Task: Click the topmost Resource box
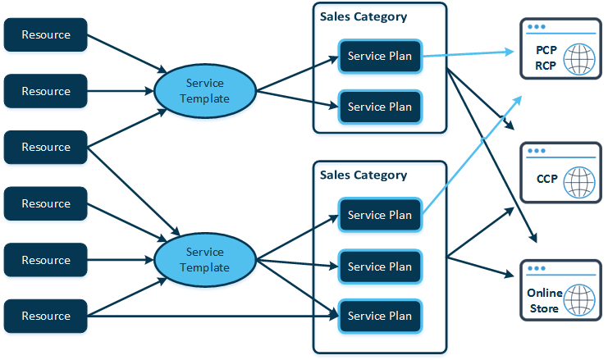pos(45,35)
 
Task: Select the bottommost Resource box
pos(45,317)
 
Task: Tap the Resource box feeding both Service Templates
pos(45,148)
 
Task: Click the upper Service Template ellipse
pos(204,91)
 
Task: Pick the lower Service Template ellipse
pos(204,260)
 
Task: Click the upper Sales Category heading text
pos(363,16)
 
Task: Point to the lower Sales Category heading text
pos(363,175)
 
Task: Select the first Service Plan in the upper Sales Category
pos(379,57)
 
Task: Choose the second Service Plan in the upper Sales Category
pos(379,107)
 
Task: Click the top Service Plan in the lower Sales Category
pos(379,216)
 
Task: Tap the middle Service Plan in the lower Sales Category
pos(379,267)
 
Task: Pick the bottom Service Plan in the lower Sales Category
pos(379,317)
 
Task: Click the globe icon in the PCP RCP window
pos(579,58)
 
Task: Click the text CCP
pos(547,179)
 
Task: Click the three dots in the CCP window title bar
pos(537,151)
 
